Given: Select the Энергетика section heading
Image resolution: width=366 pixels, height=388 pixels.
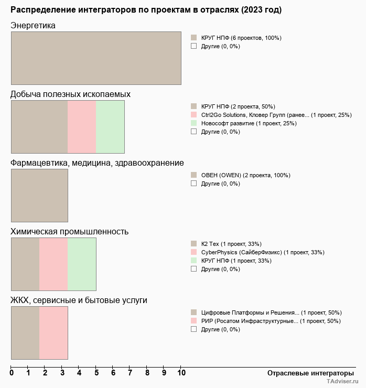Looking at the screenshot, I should click(33, 26).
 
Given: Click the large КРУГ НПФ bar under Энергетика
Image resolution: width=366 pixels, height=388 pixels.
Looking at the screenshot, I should click(96, 58).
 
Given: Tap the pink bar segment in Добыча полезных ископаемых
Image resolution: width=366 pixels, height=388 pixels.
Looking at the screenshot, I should click(82, 127).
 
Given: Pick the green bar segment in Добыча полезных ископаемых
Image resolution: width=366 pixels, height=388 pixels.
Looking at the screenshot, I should click(110, 127).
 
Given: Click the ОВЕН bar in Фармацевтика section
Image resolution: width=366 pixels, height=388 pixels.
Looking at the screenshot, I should click(39, 196).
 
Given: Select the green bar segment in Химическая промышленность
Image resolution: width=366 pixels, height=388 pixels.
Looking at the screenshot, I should click(82, 264).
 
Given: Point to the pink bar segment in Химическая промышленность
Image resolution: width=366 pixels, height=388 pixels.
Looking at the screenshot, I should click(53, 264).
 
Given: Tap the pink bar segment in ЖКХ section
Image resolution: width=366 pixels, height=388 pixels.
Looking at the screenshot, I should click(53, 333).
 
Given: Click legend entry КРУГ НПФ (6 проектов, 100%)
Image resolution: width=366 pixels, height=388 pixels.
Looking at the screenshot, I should click(241, 38).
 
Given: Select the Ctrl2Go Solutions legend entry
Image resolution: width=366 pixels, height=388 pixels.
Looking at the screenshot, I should click(276, 115).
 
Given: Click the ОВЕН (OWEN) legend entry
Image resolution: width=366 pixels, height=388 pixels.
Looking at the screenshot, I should click(245, 175).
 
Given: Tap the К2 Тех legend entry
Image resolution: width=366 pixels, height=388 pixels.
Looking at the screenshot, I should click(231, 244).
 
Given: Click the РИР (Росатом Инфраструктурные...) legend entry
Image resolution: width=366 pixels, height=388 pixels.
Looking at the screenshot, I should click(271, 321).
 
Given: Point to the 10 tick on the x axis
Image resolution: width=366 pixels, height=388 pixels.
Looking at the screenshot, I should click(181, 373).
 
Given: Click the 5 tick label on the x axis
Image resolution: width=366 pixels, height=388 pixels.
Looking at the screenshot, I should click(96, 373).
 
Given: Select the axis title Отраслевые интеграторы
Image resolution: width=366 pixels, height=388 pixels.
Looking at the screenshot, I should click(307, 373).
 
